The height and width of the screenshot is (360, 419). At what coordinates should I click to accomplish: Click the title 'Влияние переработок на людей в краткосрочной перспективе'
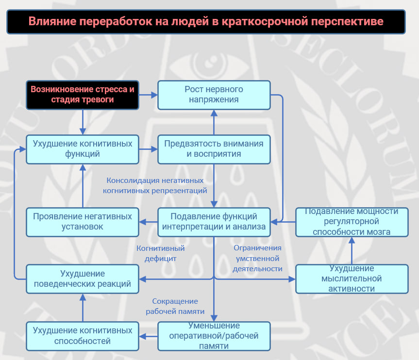206,22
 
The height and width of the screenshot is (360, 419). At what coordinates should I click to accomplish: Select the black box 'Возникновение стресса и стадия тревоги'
83,95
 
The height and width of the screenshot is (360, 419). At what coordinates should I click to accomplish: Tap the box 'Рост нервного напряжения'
214,95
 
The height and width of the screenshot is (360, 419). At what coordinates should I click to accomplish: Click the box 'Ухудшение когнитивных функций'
83,149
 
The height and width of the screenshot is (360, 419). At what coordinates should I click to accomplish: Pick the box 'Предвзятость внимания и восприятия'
214,149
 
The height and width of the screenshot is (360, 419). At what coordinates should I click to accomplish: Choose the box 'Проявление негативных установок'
83,222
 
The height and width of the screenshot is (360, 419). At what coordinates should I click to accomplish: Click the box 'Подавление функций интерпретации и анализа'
214,222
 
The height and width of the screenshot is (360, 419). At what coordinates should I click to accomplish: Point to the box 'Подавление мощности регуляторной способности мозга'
352,222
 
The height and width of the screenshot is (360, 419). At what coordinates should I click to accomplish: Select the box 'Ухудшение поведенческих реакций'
83,279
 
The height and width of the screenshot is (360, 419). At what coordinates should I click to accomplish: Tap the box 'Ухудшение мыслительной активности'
352,279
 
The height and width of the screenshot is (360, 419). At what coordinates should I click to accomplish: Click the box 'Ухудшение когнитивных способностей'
83,336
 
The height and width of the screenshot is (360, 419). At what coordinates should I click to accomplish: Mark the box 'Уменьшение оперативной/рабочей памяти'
214,336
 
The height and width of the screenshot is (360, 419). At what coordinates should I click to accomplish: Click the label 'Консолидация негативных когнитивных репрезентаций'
155,185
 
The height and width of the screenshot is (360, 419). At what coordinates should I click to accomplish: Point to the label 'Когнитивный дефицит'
161,253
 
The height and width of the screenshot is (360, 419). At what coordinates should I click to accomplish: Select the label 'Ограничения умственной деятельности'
257,258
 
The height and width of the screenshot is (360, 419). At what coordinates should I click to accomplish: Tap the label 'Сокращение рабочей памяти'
175,306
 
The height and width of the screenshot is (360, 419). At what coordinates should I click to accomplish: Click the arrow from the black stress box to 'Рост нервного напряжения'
148,95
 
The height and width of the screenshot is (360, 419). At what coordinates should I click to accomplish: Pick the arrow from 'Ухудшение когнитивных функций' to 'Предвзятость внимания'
148,149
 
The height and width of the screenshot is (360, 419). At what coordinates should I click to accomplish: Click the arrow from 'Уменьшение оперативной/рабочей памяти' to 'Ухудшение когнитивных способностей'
148,336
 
